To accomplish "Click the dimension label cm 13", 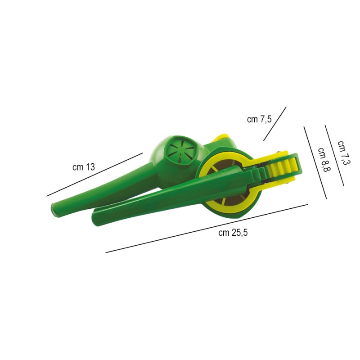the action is point(84,167).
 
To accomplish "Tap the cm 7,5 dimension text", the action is point(259,119).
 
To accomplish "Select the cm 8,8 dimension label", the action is point(324,160).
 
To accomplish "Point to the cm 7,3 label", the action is point(344,153).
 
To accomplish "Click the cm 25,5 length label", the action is point(233,233).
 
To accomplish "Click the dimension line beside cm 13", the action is point(94,175).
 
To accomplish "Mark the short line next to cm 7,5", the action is point(275,123).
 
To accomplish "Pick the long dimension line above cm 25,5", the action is point(207,229).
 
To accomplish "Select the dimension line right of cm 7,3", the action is point(334,155).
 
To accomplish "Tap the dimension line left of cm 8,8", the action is point(315,162).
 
